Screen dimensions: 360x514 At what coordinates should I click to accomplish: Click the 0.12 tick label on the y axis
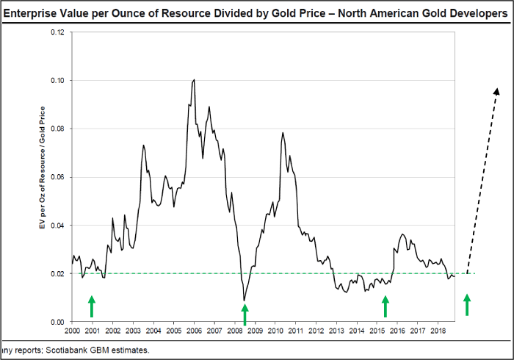[x=57, y=32]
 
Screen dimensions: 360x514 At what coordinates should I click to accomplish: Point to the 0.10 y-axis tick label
[x=57, y=80]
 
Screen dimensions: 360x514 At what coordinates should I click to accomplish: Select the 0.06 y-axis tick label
[x=57, y=177]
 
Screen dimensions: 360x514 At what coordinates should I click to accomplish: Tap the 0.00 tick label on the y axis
[x=57, y=322]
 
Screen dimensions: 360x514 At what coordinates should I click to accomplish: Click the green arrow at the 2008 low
[x=245, y=314]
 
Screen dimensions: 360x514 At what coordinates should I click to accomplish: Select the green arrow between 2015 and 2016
[x=385, y=306]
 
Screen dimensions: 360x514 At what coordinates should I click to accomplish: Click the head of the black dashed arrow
[x=496, y=90]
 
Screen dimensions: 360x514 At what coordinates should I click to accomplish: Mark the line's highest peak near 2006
[x=193, y=79]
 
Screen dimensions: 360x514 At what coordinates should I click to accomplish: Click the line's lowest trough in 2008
[x=245, y=300]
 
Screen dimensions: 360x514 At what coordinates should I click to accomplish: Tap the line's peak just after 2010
[x=282, y=133]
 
